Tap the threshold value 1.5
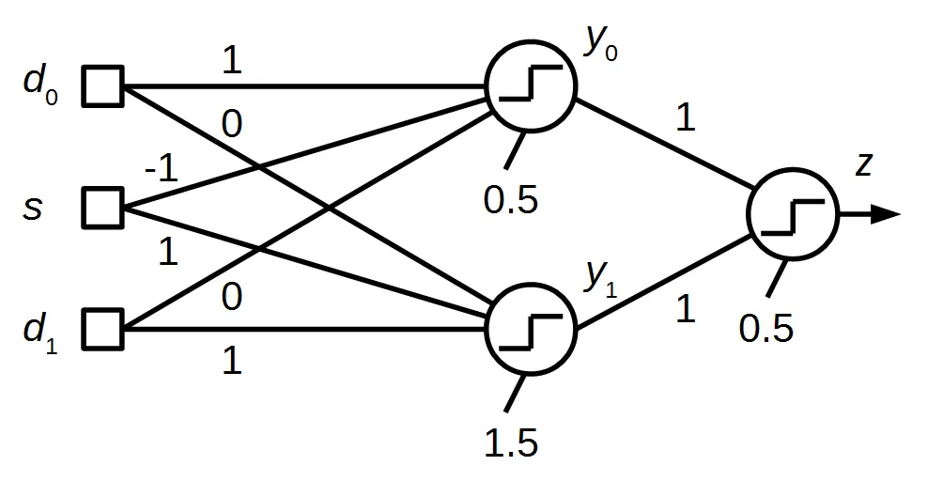(x=511, y=442)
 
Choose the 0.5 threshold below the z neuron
(x=766, y=330)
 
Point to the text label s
(x=34, y=207)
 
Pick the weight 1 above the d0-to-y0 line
(x=231, y=61)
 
